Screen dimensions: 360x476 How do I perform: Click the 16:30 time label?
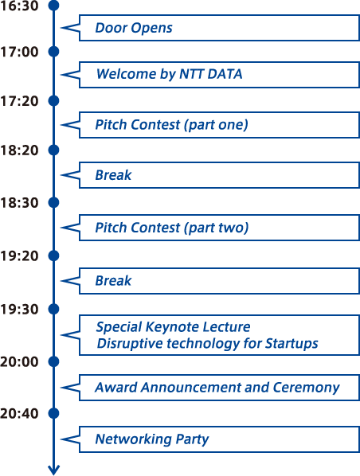click(x=19, y=6)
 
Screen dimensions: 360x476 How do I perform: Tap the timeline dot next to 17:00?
click(x=54, y=52)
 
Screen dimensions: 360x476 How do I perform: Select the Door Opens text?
click(x=134, y=28)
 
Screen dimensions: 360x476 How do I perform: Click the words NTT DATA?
click(x=211, y=74)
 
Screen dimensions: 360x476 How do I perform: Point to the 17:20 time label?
click(x=19, y=101)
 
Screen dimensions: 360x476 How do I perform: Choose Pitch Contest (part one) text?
click(x=172, y=125)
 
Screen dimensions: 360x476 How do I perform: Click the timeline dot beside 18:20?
click(x=54, y=150)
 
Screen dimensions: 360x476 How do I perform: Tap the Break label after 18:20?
click(x=113, y=175)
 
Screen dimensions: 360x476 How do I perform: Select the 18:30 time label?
click(x=19, y=203)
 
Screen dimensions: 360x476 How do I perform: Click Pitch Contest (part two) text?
click(x=172, y=228)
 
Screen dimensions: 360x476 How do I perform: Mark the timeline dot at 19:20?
click(x=54, y=256)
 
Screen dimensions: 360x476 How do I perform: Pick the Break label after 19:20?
click(x=113, y=281)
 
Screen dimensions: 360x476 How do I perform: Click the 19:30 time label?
click(x=19, y=310)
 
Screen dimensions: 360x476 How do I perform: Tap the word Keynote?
click(x=173, y=327)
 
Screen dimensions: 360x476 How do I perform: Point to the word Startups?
click(x=292, y=344)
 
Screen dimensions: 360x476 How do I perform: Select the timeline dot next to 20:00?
click(x=54, y=361)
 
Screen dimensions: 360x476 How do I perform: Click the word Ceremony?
click(x=306, y=388)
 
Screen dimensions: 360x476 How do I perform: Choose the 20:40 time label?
click(x=19, y=413)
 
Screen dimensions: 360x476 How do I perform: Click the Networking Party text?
click(x=152, y=439)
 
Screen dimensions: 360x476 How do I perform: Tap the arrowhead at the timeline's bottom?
click(x=54, y=470)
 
